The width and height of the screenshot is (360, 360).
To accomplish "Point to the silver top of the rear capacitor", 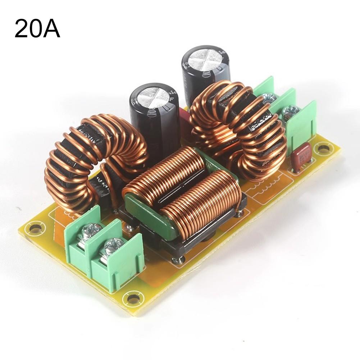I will (x=205, y=59).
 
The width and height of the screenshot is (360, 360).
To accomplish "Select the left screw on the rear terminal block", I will (x=268, y=97).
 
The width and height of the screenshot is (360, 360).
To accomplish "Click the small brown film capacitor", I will (x=301, y=155).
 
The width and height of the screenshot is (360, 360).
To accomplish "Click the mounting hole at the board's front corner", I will (x=133, y=298).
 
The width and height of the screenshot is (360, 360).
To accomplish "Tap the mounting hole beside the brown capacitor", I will (x=324, y=148).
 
